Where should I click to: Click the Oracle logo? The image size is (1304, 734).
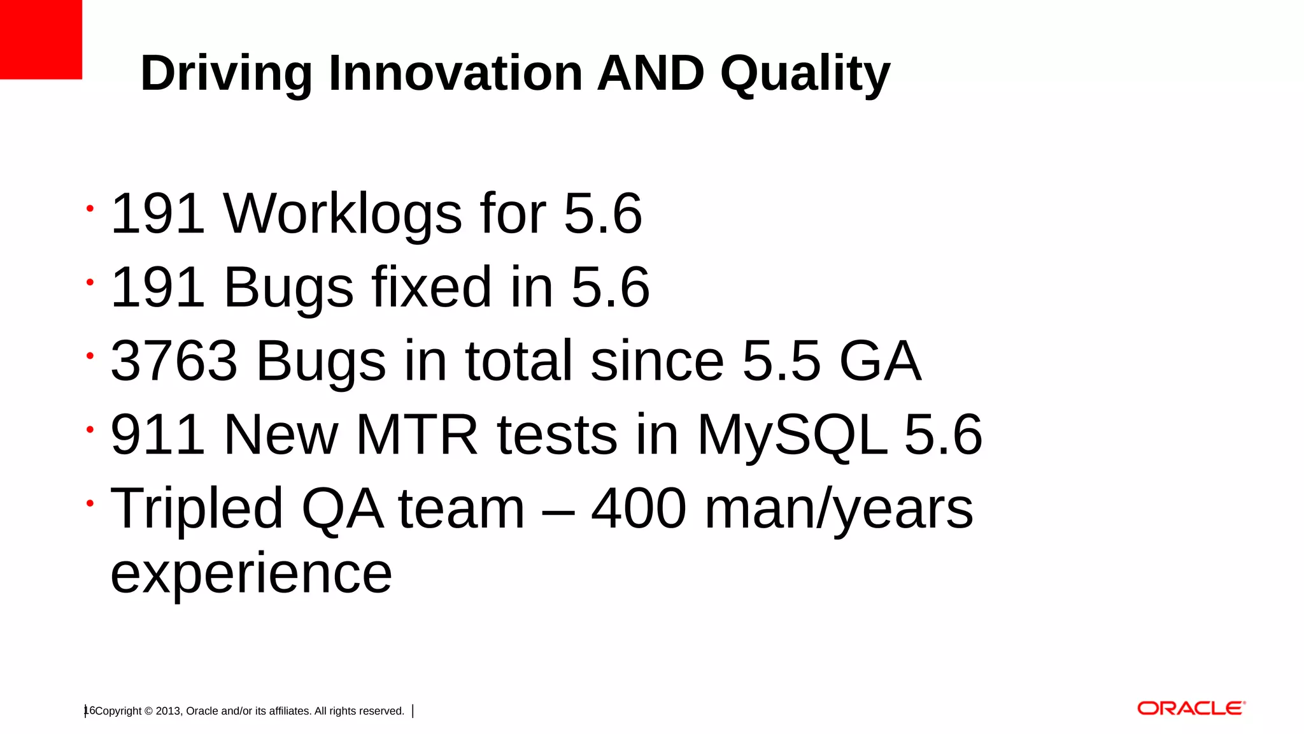[x=1191, y=709]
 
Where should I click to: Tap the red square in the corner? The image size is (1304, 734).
[x=41, y=40]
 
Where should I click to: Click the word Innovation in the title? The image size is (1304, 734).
[x=455, y=73]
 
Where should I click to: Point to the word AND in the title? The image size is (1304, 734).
[x=650, y=73]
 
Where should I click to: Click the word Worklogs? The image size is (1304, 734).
[x=343, y=214]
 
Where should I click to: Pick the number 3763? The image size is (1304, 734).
[x=174, y=361]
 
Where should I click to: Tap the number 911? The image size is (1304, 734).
[x=157, y=435]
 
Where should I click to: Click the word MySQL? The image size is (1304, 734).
[x=793, y=436]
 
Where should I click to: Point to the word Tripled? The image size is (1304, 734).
[x=197, y=509]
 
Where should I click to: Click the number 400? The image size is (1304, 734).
[x=639, y=508]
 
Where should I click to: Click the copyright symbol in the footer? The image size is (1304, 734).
[x=149, y=711]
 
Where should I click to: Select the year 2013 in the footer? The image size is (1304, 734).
[x=168, y=711]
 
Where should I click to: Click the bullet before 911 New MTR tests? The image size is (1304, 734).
[x=90, y=430]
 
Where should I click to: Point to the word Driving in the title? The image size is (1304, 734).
[x=226, y=75]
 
